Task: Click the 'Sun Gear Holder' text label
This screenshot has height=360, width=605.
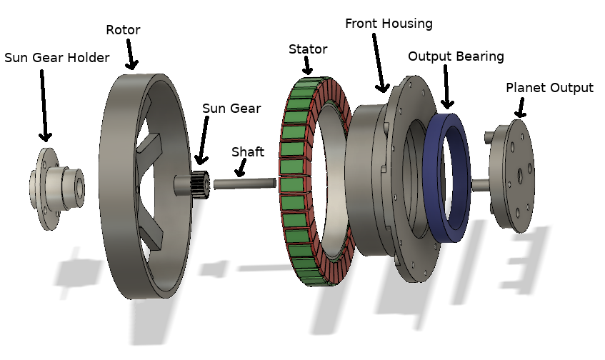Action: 57,58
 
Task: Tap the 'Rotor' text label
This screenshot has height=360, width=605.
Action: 124,30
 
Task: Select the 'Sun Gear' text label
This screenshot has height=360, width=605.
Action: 231,109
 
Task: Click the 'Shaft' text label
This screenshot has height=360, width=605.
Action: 247,152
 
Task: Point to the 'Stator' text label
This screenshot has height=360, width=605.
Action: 308,49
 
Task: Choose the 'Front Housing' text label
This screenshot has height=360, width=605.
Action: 389,24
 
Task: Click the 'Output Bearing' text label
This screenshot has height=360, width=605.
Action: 456,56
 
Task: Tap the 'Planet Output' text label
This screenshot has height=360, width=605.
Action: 549,88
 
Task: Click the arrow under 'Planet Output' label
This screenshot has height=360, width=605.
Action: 519,108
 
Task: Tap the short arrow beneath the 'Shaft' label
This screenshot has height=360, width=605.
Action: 241,167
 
